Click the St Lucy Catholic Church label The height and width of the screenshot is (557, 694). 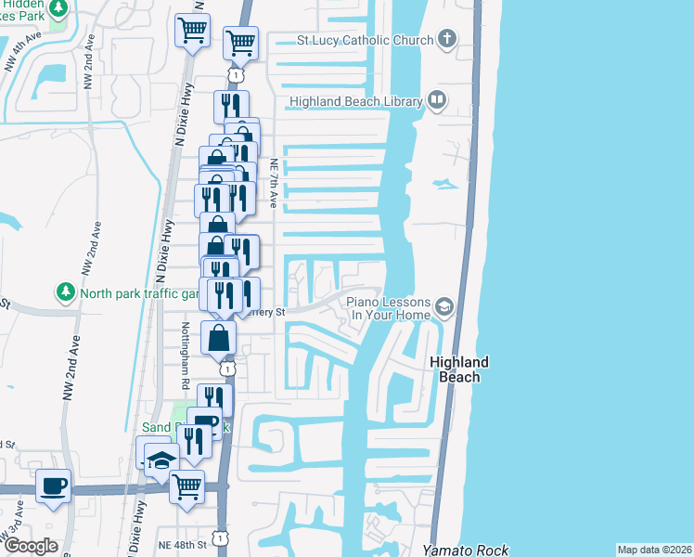(x=365, y=41)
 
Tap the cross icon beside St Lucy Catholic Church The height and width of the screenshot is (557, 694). (x=447, y=39)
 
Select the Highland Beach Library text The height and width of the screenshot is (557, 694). (x=355, y=102)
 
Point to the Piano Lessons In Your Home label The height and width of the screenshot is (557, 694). (x=389, y=309)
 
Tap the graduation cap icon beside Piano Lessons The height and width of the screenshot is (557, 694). (x=444, y=306)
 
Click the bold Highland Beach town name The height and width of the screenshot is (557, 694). (x=459, y=369)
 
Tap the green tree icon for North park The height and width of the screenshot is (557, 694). (x=65, y=292)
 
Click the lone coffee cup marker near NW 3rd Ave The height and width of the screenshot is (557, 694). (x=53, y=485)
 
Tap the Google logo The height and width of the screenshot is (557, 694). (x=31, y=545)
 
